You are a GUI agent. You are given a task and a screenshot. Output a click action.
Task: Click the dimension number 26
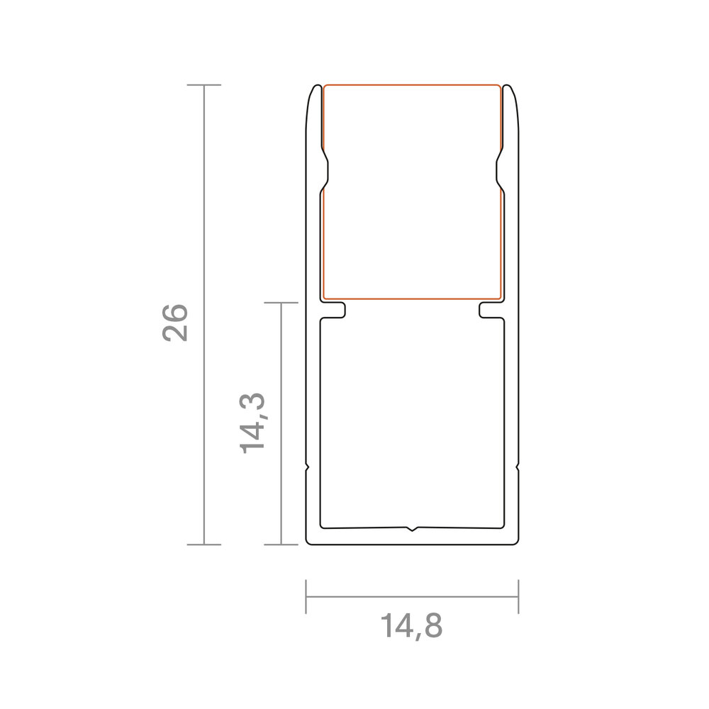175,323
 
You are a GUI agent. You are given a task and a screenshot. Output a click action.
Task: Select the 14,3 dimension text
252,423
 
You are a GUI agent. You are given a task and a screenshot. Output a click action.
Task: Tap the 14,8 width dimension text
411,626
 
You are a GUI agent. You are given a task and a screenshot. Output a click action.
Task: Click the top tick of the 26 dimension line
204,84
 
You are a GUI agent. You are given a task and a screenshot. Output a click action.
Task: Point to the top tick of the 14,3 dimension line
281,303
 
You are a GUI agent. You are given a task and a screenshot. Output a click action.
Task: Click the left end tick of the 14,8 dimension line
306,596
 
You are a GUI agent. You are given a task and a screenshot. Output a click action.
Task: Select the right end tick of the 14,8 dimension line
518,596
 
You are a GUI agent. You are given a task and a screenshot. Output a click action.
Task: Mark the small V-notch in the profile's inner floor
411,529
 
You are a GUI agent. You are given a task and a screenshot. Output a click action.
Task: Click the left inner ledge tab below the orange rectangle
334,311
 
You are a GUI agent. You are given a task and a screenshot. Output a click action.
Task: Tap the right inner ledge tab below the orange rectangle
491,311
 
